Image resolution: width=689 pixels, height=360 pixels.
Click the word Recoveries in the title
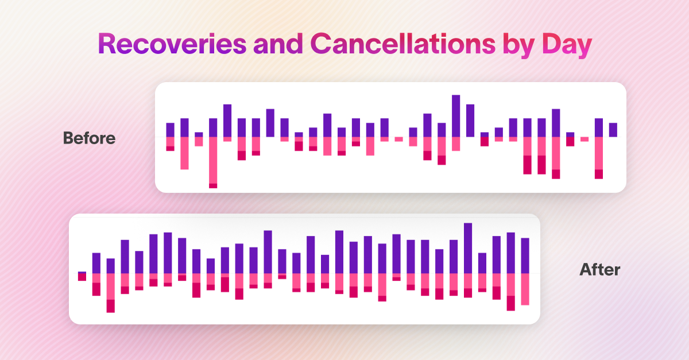point(172,44)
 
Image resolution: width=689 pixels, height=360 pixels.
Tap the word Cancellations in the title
point(403,44)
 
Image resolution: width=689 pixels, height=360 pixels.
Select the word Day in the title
point(567,45)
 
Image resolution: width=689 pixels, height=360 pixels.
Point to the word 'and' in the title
point(278,44)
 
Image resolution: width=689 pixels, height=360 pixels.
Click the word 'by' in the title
point(519,45)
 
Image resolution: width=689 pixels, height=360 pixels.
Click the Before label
point(89,138)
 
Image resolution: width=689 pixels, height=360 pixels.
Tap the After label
point(600,269)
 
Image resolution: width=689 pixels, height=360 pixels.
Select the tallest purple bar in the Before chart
point(456,115)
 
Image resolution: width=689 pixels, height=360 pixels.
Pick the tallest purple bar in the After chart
point(468,248)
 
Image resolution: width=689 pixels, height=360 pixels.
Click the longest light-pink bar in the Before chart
point(213,160)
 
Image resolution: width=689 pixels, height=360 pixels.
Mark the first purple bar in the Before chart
point(170,130)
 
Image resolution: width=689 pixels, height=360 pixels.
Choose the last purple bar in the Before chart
point(613,130)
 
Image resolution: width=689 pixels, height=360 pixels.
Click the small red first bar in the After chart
point(82,277)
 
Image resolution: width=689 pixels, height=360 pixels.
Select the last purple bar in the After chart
point(525,256)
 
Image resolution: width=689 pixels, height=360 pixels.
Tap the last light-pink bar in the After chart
point(525,289)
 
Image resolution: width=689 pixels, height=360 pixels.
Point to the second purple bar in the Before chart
point(184,127)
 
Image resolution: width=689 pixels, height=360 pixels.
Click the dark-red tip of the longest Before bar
point(213,186)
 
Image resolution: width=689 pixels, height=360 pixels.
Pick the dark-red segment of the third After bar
point(110,306)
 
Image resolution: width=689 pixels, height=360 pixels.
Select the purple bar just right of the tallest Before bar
point(470,121)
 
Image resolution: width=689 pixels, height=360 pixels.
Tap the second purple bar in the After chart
point(96,263)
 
